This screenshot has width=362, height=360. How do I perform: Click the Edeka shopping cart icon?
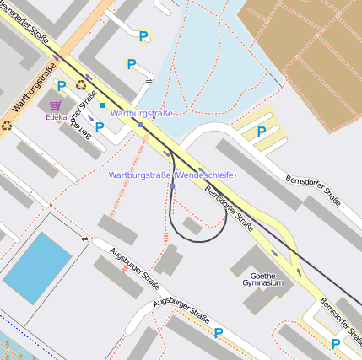pos(56,105)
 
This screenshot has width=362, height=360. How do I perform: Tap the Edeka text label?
pos(57,118)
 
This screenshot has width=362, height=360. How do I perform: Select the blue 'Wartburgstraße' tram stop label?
pos(142,112)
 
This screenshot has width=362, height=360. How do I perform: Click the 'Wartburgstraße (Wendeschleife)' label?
pos(172,175)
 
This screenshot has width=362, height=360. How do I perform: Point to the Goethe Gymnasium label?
pos(263,280)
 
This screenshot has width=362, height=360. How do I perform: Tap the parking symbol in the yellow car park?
pos(262,132)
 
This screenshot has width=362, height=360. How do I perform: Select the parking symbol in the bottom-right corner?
pos(336,343)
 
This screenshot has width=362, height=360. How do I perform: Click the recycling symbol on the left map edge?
pos(7,126)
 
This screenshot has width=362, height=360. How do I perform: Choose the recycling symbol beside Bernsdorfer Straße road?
pos(81,84)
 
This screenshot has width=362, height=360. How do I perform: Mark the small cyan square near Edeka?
pos(103,105)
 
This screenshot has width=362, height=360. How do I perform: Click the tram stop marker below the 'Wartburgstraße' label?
pos(141,124)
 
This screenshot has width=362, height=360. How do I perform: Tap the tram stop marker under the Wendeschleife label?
pos(172,185)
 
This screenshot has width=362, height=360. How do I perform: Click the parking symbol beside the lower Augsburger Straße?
pos(219,333)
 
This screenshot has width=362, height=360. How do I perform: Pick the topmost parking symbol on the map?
pos(143,36)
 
